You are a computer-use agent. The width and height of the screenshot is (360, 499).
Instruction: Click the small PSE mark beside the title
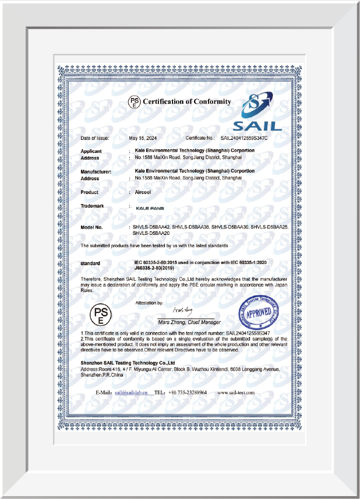click(x=135, y=103)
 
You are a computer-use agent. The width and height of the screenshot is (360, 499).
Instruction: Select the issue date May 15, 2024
click(x=143, y=138)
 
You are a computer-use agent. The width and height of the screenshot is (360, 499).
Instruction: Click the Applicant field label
click(x=91, y=151)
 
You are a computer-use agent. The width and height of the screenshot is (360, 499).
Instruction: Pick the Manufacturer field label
click(x=96, y=171)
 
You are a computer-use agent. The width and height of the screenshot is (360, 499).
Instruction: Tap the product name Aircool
click(x=143, y=192)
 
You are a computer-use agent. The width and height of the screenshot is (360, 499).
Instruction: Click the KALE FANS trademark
click(x=149, y=208)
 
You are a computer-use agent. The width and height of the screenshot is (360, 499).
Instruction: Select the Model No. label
click(x=91, y=226)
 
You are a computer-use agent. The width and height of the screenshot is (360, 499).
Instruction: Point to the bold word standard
click(x=90, y=264)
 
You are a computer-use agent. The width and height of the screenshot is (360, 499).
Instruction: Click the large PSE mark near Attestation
click(x=100, y=316)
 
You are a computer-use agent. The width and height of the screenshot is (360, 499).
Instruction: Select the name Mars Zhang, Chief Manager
click(x=190, y=322)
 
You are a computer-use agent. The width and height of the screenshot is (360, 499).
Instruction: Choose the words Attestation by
click(x=149, y=303)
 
